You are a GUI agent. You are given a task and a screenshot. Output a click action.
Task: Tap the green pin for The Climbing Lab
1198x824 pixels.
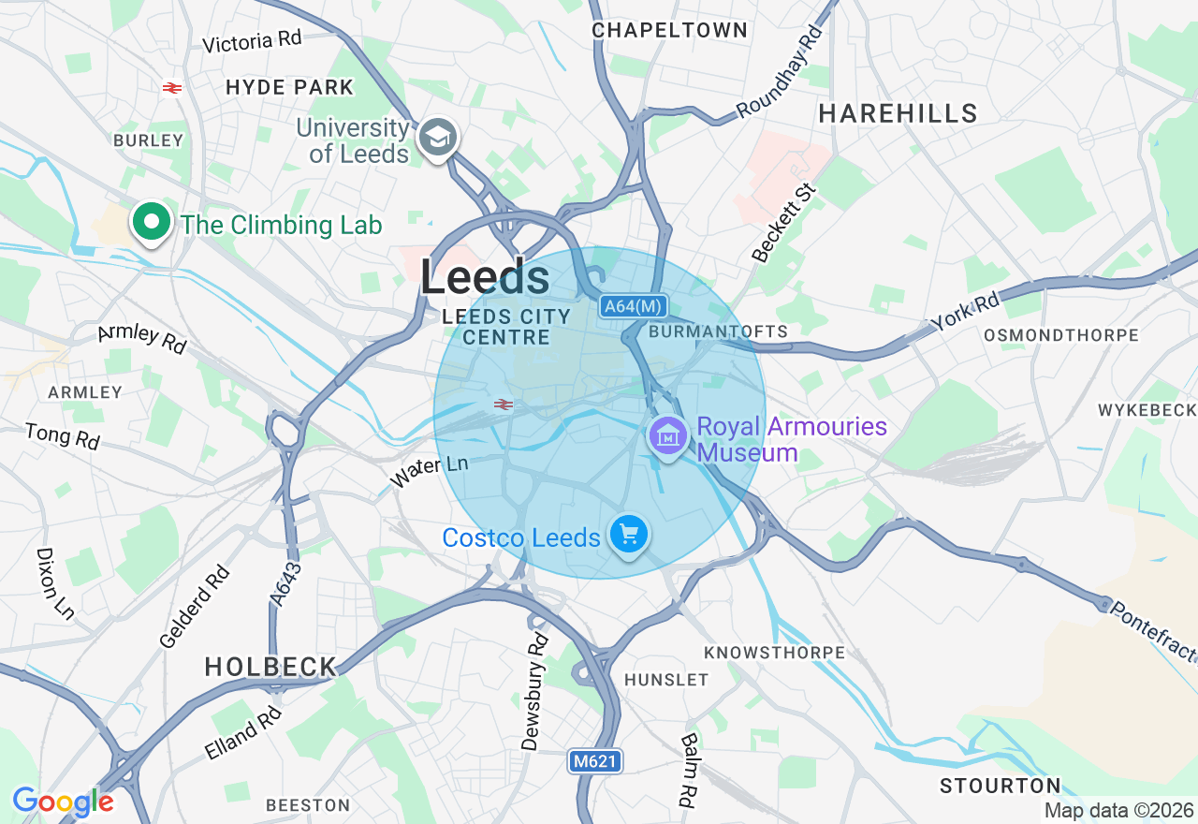151,222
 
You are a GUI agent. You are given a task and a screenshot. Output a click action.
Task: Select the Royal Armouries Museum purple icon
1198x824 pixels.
668,436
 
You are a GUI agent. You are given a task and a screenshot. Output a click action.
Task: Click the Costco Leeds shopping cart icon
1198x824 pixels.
629,535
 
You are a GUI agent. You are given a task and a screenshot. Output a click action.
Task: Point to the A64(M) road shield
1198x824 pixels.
634,306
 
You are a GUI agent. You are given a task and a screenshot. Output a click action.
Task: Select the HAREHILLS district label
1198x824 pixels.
898,114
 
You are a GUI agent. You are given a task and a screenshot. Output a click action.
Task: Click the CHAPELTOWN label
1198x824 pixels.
670,30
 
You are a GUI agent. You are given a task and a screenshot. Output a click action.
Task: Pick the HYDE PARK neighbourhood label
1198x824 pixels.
290,88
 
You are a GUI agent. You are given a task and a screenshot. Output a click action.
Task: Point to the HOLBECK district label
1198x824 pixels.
270,667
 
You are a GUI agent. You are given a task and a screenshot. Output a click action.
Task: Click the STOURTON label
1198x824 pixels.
1001,786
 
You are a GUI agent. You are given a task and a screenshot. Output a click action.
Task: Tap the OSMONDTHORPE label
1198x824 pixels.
1061,335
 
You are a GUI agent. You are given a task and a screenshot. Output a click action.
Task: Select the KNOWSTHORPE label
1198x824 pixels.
774,652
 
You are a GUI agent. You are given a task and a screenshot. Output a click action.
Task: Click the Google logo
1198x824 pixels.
63,802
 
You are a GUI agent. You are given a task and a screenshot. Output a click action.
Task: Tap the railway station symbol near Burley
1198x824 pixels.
171,88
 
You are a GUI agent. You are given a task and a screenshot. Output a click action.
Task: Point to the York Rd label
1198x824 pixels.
965,310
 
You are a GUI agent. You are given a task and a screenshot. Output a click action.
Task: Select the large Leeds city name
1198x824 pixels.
485,278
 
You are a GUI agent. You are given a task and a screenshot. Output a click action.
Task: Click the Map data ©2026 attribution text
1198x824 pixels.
1118,811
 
